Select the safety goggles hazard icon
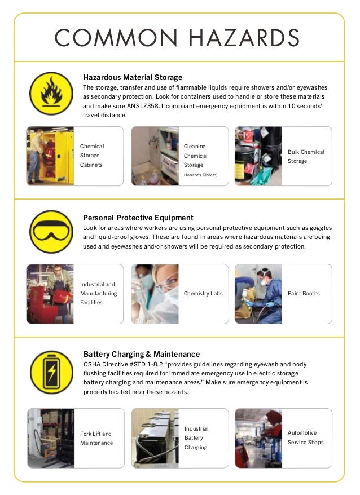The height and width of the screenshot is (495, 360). pos(51,232)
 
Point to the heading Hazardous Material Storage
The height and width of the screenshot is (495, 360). pos(133,77)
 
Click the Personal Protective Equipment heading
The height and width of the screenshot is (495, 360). pos(138,218)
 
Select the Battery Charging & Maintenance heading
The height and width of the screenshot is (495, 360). pos(142,354)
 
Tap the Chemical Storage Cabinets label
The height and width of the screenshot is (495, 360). pos(92,156)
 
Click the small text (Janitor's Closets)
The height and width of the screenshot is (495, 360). pos(200,175)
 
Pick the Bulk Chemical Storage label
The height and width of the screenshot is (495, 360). pos(306,156)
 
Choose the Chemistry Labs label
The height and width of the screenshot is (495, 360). pos(203,293)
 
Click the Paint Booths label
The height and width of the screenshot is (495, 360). pos(304,293)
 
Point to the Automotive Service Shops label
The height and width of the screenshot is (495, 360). pos(306,437)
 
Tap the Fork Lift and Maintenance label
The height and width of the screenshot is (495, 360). pos(96,438)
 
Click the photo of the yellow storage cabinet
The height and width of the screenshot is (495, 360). pos(50,156)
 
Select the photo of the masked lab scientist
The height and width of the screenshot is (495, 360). pos(155,293)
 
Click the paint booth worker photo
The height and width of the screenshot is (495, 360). pos(258,293)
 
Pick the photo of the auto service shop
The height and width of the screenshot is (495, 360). pos(258,438)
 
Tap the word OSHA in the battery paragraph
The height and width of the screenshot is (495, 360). pos(93,365)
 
